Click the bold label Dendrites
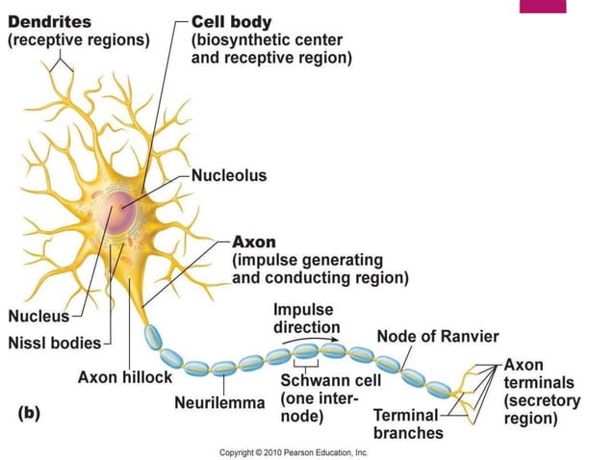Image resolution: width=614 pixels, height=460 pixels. [x=51, y=21]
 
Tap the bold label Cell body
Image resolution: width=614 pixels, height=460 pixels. [x=233, y=21]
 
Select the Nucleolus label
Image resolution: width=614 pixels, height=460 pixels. [x=229, y=176]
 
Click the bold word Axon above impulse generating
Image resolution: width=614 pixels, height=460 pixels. [x=254, y=242]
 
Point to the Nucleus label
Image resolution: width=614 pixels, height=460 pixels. [x=38, y=317]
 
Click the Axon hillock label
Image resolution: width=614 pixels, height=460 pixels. [x=124, y=377]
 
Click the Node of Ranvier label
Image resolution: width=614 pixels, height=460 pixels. [x=438, y=336]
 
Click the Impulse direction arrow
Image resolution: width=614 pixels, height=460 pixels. [x=318, y=339]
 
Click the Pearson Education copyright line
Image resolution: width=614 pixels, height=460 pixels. [x=294, y=450]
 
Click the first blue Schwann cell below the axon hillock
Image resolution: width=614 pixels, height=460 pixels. [x=154, y=337]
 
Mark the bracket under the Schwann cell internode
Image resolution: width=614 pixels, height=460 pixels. [x=306, y=369]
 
